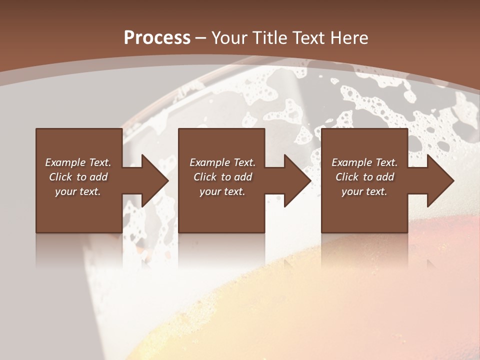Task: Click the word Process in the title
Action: [157, 38]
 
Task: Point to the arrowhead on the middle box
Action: [296, 180]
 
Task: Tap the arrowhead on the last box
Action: [439, 180]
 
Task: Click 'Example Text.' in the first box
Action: [78, 162]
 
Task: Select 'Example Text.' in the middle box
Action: [222, 162]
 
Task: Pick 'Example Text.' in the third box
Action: [364, 162]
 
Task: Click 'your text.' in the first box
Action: [78, 191]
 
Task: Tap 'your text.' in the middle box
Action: [222, 191]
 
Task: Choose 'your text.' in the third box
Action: [364, 191]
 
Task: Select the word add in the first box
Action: [99, 177]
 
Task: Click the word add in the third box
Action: [385, 177]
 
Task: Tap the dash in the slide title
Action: [200, 38]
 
